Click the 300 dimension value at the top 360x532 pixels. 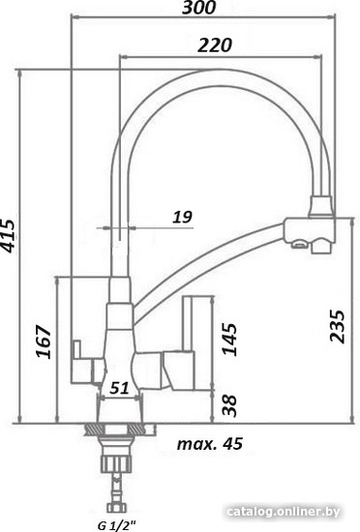(x=198, y=8)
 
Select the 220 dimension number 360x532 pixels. (x=215, y=44)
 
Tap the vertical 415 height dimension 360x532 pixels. (x=8, y=236)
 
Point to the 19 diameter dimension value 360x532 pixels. (x=183, y=217)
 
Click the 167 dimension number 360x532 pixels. (x=44, y=341)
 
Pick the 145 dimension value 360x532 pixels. (x=229, y=340)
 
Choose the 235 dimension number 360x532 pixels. (x=338, y=326)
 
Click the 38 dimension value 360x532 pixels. (x=229, y=405)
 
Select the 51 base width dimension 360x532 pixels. (x=119, y=388)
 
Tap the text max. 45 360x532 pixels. (x=210, y=443)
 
